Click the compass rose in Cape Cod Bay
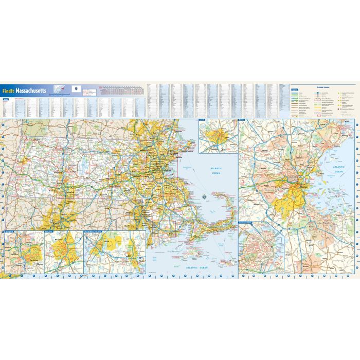(x=204, y=196)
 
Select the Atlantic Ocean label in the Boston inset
(x=340, y=168)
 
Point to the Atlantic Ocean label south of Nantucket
(x=197, y=268)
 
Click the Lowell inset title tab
(x=202, y=120)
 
